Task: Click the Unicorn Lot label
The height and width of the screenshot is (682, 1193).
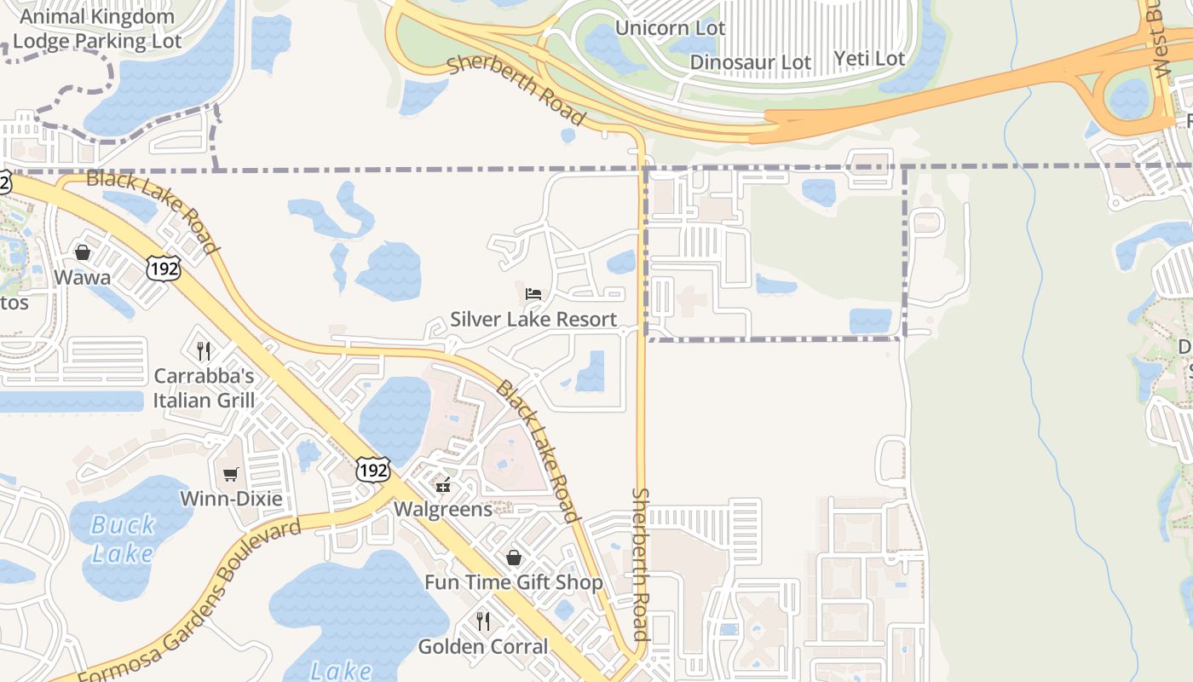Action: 670,28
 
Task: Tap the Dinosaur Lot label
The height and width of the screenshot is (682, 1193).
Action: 750,62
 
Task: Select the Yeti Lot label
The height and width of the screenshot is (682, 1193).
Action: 868,59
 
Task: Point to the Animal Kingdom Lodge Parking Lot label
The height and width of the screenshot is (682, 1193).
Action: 96,28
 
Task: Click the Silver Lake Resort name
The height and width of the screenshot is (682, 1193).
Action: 533,320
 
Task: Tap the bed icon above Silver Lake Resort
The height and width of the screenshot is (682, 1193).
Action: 533,295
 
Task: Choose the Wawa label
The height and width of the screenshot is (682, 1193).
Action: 82,278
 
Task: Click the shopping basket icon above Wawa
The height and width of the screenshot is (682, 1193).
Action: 83,252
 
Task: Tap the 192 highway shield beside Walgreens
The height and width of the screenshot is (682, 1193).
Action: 373,470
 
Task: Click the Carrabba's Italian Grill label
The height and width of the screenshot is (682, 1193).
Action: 204,388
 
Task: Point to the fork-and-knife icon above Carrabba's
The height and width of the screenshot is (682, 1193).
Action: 204,350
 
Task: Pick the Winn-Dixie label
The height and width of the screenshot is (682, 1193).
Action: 231,499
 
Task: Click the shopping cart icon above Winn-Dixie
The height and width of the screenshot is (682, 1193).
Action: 230,474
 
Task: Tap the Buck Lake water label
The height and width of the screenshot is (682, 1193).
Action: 124,539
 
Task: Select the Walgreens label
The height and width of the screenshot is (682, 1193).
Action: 442,510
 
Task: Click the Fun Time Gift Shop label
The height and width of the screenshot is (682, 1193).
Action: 513,583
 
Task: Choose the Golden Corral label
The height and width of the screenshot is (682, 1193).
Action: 483,647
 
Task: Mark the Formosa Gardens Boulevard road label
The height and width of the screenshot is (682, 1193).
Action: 189,600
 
